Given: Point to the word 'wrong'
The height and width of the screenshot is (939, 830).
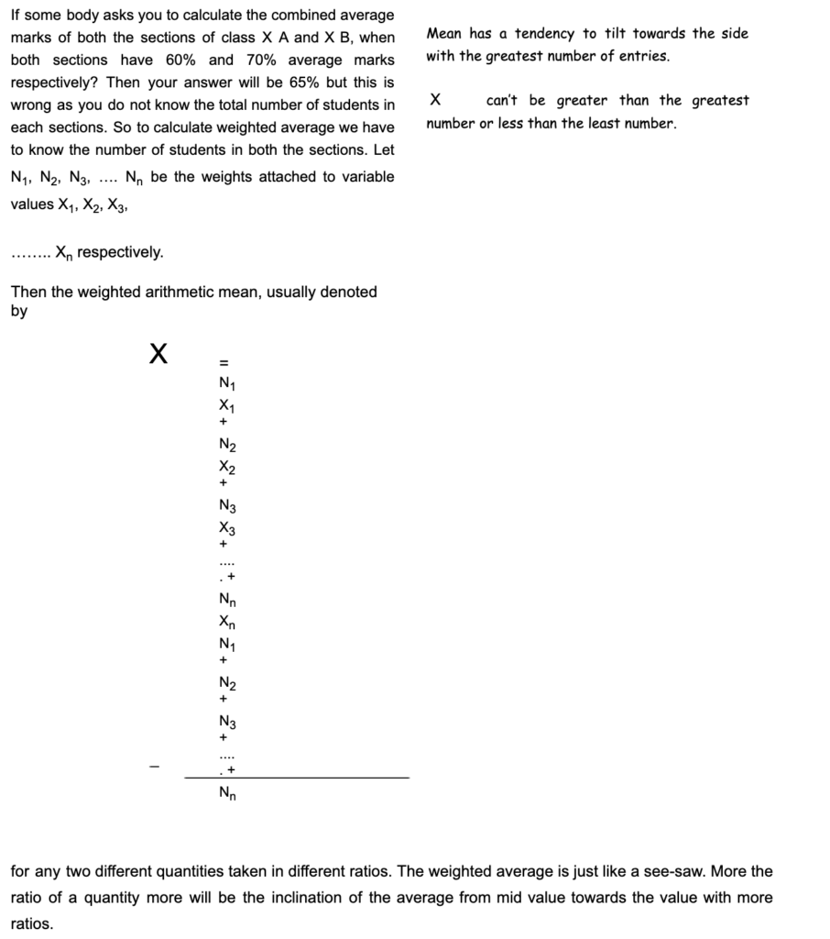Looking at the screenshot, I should [x=30, y=105].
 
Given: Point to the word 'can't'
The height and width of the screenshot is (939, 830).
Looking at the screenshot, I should [x=503, y=100].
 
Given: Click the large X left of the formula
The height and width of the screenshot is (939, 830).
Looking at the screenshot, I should [x=158, y=353].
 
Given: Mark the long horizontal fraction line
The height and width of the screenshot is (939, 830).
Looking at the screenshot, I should [x=297, y=778].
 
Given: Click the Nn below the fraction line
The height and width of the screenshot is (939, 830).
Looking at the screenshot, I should [x=226, y=794].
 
